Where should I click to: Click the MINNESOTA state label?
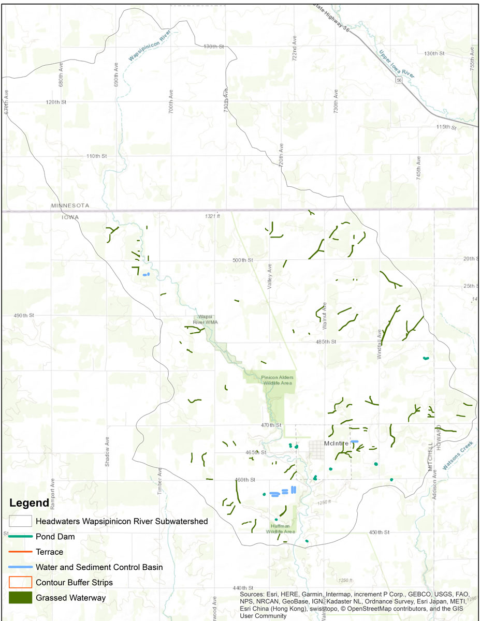tap(70, 205)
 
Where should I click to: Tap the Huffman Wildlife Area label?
tap(281, 528)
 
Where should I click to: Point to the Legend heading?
tap(29, 502)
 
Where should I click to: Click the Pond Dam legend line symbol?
tap(21, 537)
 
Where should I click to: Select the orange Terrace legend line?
tap(21, 552)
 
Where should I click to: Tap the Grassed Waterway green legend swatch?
tap(21, 598)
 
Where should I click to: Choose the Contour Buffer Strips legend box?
tap(21, 582)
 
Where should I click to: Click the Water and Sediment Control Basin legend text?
tap(99, 567)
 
